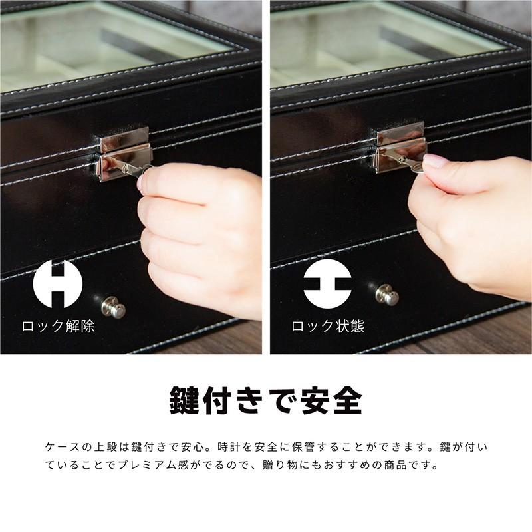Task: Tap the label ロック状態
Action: (327, 327)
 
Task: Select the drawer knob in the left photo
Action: (114, 307)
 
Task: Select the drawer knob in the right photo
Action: (386, 295)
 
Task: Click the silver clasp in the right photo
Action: (400, 148)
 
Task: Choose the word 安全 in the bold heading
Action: (327, 401)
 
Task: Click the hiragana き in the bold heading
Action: (256, 401)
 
